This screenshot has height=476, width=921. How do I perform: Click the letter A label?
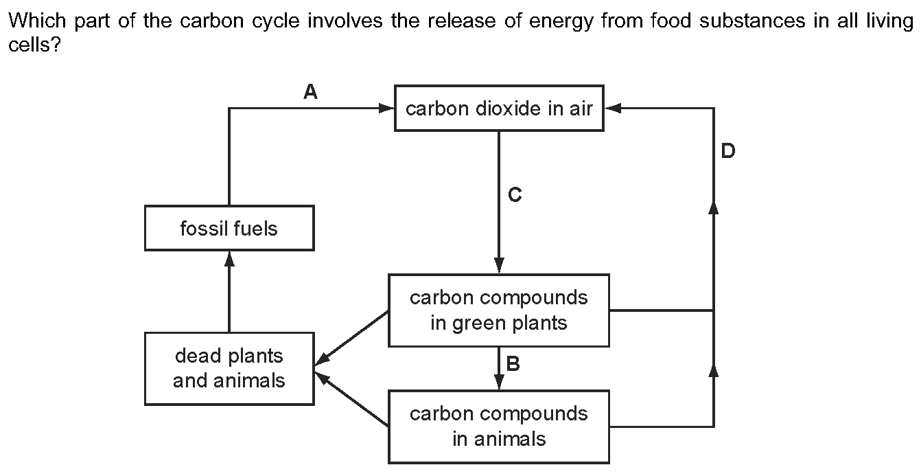click(x=310, y=92)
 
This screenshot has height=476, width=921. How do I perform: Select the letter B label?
click(x=513, y=364)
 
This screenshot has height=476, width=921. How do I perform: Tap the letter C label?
click(x=515, y=196)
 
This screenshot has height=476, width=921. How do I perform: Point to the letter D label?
click(x=728, y=151)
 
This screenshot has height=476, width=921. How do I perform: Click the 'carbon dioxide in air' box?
click(x=499, y=109)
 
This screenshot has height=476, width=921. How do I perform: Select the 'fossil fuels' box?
click(x=229, y=228)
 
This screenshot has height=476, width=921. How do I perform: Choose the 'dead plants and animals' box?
click(x=229, y=368)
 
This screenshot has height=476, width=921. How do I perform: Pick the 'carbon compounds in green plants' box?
click(x=499, y=310)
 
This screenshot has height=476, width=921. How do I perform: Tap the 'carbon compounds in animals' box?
click(x=499, y=426)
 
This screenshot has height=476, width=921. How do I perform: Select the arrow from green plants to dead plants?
click(x=351, y=337)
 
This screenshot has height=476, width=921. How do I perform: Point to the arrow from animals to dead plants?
click(x=351, y=400)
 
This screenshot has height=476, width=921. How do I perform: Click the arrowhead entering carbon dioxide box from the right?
click(x=613, y=109)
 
